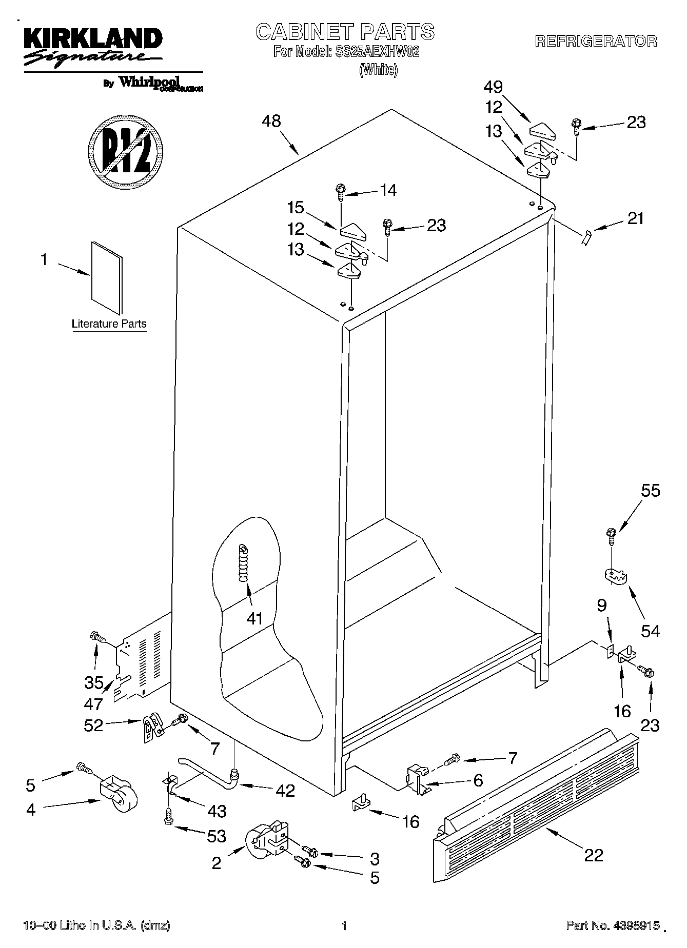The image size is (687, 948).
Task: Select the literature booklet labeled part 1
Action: tap(107, 277)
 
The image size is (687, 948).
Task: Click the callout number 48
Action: tap(271, 122)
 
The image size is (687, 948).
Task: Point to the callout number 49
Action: tap(493, 87)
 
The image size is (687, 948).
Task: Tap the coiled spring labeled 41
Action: tap(243, 562)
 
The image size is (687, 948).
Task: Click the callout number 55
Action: tap(651, 491)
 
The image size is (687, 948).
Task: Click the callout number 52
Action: tap(93, 725)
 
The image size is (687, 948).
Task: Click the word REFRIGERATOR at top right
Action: tap(596, 42)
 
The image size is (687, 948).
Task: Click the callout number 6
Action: tap(478, 780)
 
